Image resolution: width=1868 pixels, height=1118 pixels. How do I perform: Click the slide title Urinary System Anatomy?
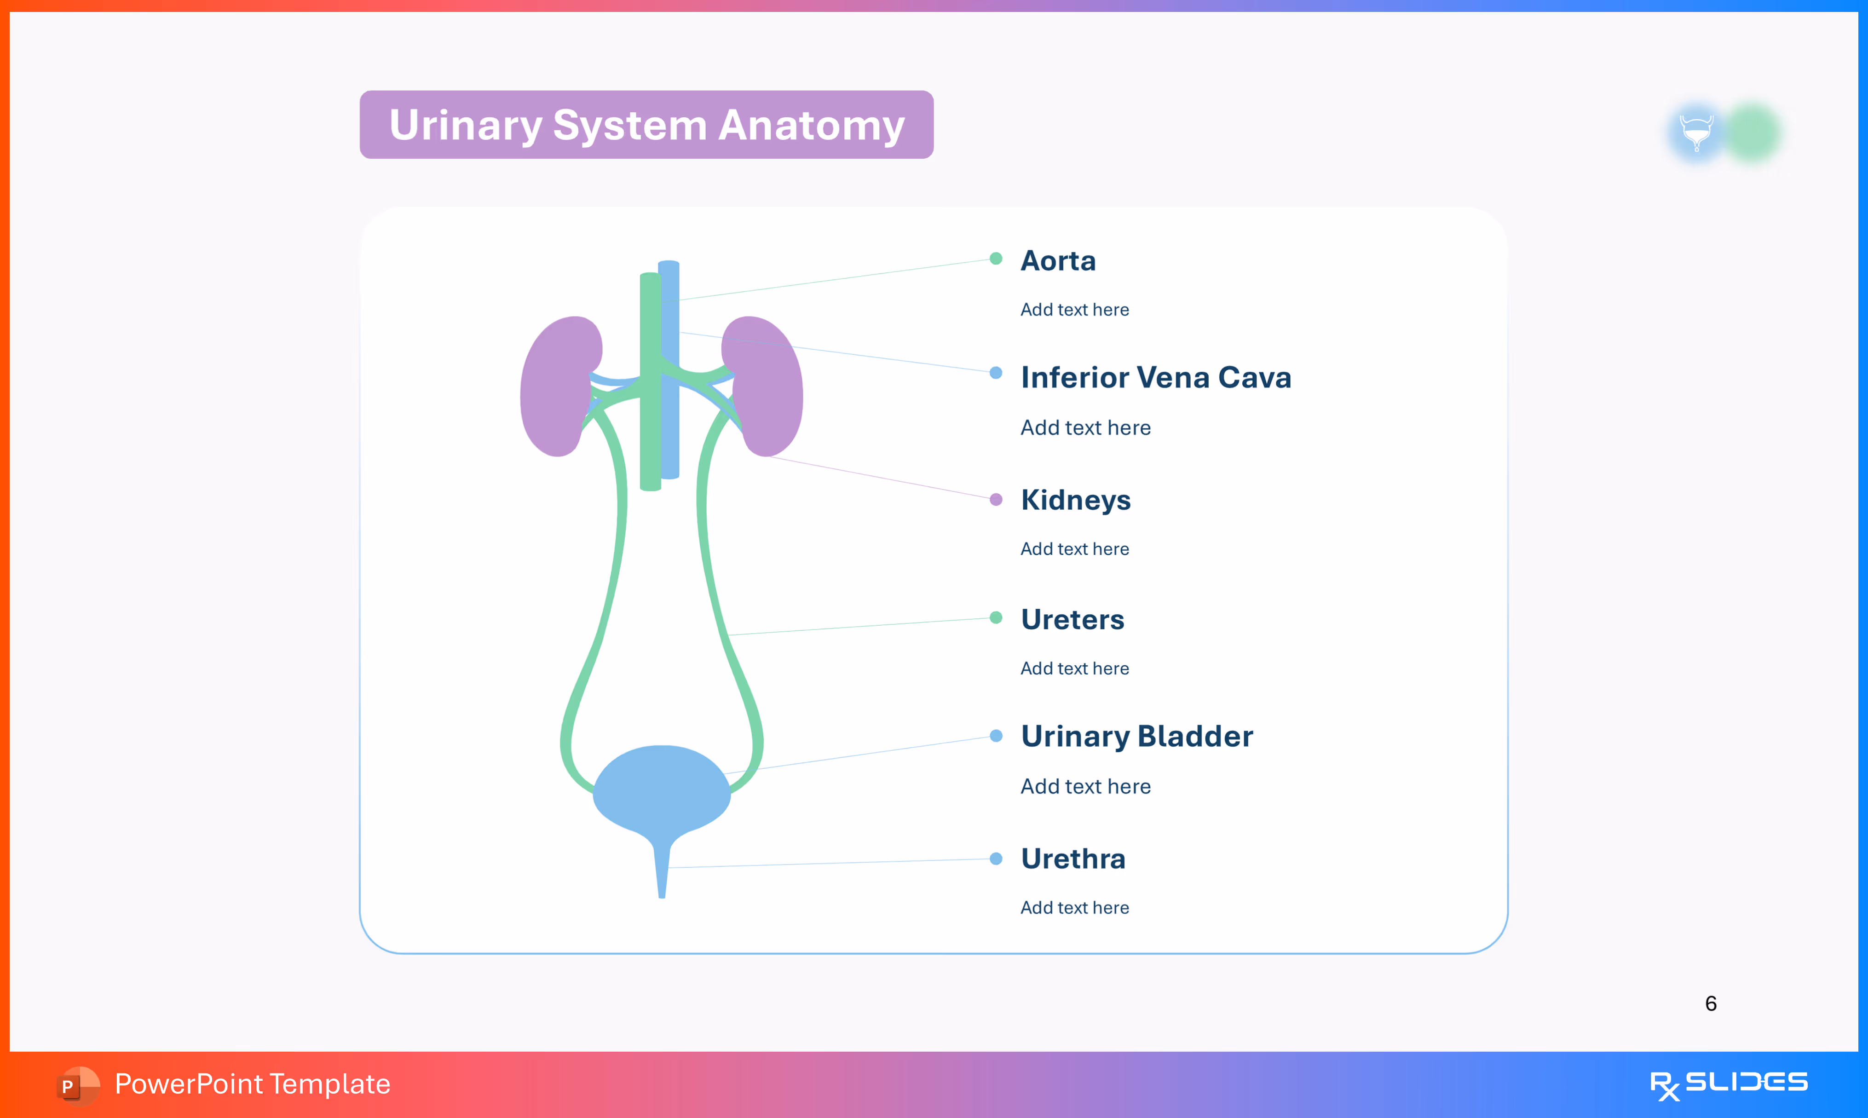646,125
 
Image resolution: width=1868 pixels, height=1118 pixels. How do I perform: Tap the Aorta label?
1057,261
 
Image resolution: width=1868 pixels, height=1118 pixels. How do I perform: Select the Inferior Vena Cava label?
1155,377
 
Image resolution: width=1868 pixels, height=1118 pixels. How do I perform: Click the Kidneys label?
1075,500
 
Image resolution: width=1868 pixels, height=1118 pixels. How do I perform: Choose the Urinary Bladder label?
1136,736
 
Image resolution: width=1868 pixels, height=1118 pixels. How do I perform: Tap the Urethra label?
1072,859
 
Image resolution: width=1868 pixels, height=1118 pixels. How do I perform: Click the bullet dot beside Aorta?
996,259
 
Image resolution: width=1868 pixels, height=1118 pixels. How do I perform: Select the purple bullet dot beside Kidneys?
996,500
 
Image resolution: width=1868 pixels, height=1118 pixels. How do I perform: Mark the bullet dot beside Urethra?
996,859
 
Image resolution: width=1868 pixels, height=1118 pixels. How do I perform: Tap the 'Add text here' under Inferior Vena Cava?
1084,428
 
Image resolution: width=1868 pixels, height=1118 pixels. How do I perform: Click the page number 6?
1711,1003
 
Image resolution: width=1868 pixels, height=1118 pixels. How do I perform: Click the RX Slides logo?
1728,1084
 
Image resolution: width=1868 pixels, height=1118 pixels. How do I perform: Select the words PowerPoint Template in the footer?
252,1084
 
